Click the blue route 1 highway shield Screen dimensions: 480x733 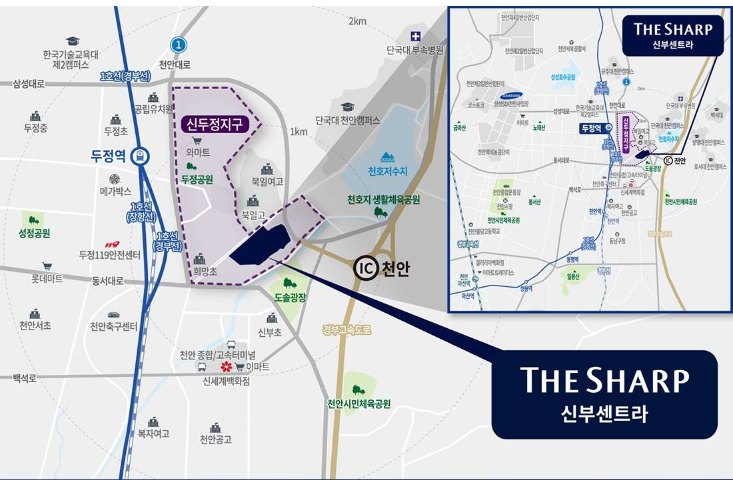pyautogui.click(x=177, y=45)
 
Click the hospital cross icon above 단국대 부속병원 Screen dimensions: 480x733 pyautogui.click(x=415, y=36)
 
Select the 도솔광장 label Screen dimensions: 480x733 pyautogui.click(x=290, y=298)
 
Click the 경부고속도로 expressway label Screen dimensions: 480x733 pyautogui.click(x=346, y=330)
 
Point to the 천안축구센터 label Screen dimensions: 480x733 pyautogui.click(x=114, y=326)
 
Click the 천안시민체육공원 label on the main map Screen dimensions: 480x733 pyautogui.click(x=359, y=404)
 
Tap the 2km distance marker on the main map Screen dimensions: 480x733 pyautogui.click(x=357, y=21)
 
